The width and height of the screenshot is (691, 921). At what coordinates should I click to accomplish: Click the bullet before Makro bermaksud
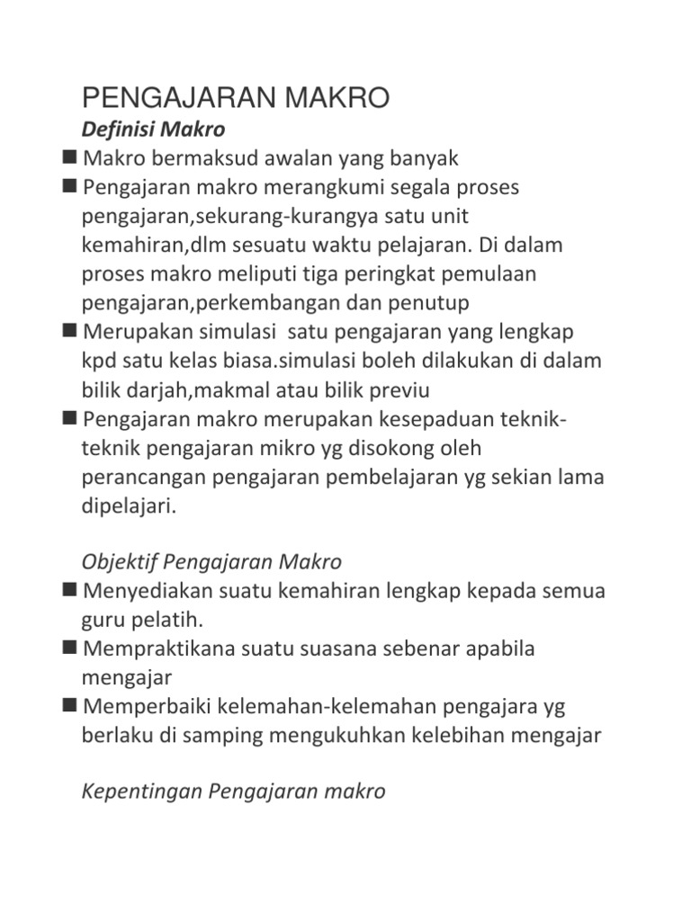(70, 158)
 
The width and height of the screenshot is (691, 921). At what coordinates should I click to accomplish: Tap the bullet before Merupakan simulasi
(70, 331)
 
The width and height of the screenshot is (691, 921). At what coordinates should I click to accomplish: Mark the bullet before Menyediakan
(70, 590)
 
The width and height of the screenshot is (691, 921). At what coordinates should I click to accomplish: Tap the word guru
(102, 621)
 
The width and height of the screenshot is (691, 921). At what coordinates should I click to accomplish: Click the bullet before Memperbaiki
(70, 705)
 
